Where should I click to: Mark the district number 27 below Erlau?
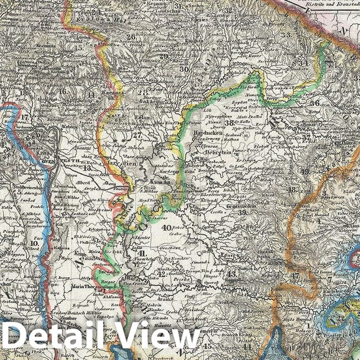[137, 135]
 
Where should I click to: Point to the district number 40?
[166, 227]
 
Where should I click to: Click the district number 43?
[230, 274]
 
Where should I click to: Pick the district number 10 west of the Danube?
[34, 243]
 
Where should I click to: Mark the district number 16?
[62, 92]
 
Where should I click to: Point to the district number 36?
[314, 102]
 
